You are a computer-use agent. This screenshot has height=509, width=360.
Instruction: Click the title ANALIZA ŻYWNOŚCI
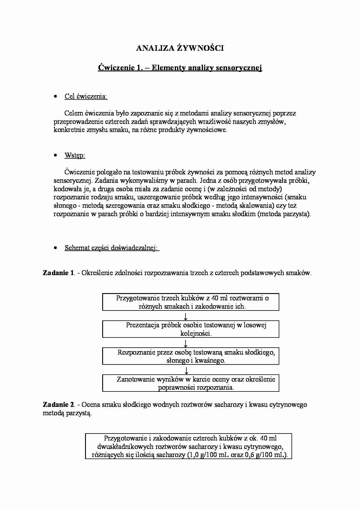[180, 48]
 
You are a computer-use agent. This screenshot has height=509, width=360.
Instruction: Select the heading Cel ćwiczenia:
[86, 96]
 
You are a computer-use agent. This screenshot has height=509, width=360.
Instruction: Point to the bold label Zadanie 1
[59, 273]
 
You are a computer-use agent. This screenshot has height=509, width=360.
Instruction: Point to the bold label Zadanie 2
[59, 405]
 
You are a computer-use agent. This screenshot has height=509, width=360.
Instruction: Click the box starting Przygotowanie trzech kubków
[191, 302]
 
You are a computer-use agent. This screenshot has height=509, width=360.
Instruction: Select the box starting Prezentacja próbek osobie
[191, 329]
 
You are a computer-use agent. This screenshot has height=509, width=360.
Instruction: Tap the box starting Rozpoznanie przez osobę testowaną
[191, 356]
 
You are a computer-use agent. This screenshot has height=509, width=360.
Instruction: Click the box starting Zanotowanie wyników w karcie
[191, 383]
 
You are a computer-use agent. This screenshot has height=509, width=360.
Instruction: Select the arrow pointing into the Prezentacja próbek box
[186, 316]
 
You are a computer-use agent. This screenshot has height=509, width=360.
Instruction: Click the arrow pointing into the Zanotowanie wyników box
[186, 370]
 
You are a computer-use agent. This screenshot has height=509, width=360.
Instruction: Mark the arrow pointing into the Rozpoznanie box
[186, 343]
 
